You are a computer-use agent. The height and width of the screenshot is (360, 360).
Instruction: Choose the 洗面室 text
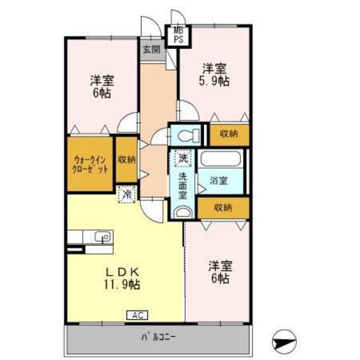coord(183,185)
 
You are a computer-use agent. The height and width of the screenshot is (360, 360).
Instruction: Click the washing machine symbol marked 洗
coord(183,157)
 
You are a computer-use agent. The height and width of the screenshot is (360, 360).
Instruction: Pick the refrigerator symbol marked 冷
coord(127,192)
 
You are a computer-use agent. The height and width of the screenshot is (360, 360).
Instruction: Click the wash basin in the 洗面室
coord(183,214)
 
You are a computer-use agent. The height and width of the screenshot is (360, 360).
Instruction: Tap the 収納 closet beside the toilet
coord(228,134)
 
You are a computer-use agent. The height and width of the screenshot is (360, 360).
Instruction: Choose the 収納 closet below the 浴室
coord(223,207)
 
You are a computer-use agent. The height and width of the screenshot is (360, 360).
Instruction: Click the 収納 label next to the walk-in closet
coord(127,160)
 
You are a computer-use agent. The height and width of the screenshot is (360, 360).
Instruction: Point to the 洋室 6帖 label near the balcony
coord(219,272)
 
